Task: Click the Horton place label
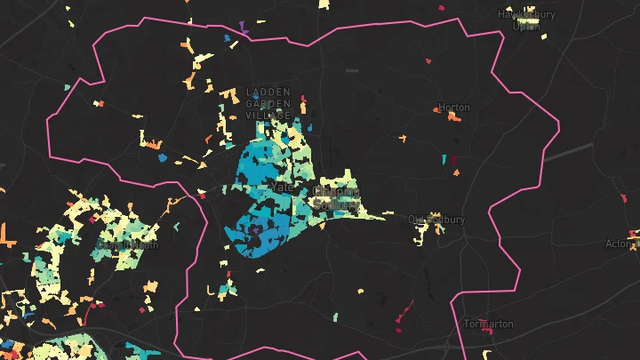(x=454, y=108)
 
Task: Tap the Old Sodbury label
(x=436, y=219)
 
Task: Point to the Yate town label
(x=282, y=188)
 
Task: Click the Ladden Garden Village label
(x=269, y=104)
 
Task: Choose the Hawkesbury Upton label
(x=527, y=20)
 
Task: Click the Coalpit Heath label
(x=128, y=244)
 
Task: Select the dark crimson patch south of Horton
(x=453, y=162)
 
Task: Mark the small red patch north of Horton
(x=428, y=60)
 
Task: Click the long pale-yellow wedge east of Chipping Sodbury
(x=373, y=214)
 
